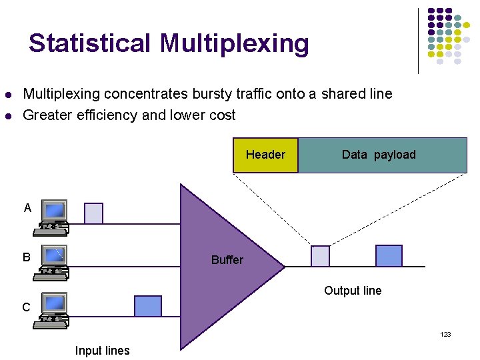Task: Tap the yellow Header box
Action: point(265,155)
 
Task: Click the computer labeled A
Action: point(52,216)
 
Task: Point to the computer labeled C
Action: point(52,309)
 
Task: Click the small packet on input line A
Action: point(94,213)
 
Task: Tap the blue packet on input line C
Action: point(148,306)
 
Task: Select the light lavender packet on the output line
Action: point(321,256)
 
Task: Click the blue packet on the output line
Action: point(389,256)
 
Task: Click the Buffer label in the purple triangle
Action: point(227,260)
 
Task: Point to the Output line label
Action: point(353,291)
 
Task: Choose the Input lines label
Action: point(103,351)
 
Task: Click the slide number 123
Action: point(445,334)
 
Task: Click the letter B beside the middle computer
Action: point(27,257)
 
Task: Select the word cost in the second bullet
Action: point(222,115)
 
